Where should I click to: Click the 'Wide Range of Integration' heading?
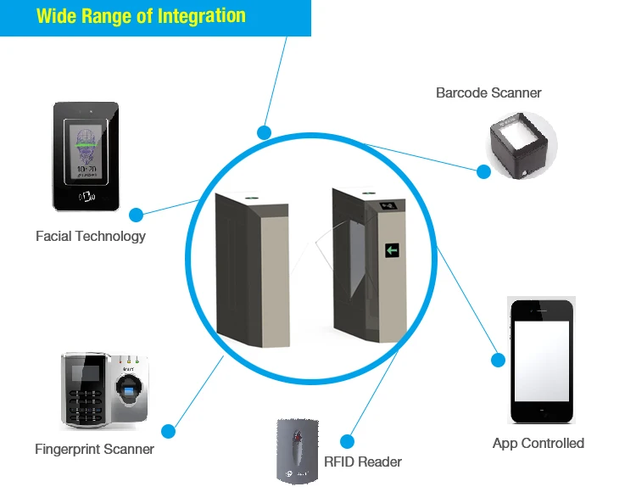pos(141,16)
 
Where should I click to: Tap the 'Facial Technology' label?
pos(91,237)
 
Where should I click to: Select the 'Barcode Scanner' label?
pos(488,92)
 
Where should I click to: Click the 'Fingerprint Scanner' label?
pos(94,449)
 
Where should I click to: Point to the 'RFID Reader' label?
pos(363,462)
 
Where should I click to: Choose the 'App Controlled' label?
pos(538,443)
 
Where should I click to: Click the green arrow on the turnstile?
pos(392,249)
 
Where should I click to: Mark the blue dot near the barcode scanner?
pos(483,171)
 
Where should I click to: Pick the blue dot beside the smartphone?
pos(499,360)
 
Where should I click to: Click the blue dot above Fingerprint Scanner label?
pos(169,430)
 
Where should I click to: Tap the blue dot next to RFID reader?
pos(346,441)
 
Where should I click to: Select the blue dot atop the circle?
pos(264,132)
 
